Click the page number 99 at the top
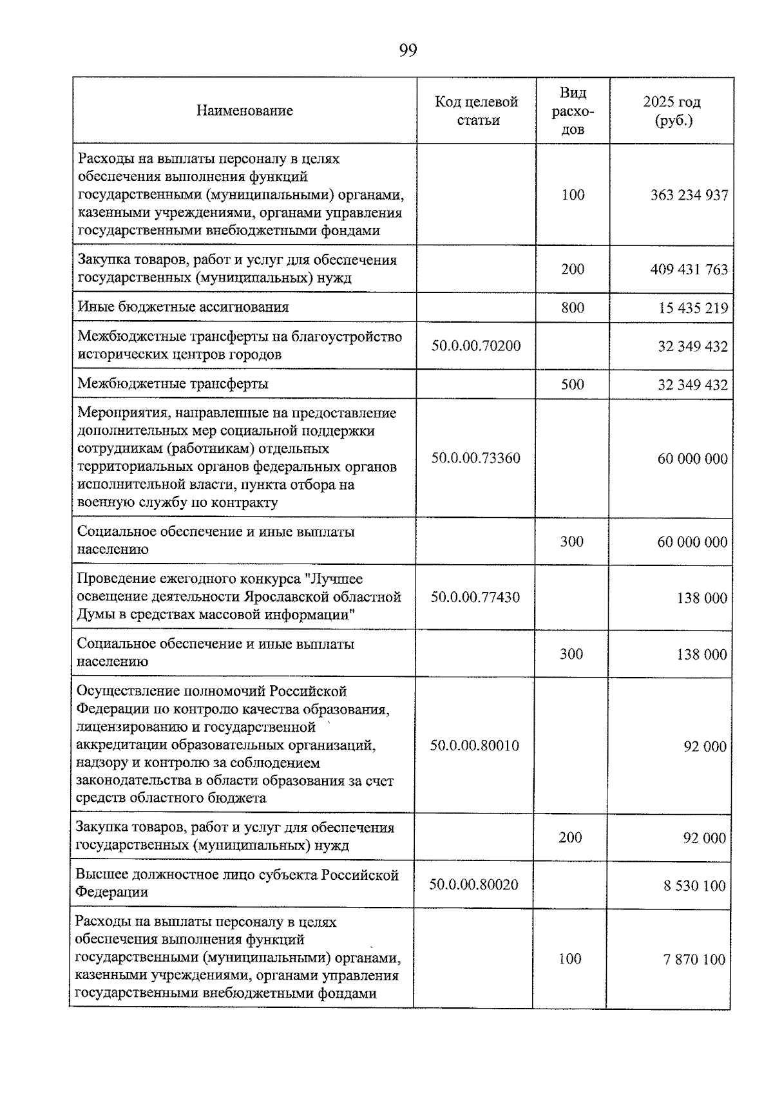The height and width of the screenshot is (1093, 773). (408, 50)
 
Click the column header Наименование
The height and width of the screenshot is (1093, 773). (245, 111)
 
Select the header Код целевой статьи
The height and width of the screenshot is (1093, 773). (477, 111)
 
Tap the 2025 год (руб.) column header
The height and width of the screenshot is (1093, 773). (672, 111)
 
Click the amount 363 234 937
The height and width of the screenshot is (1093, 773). (689, 195)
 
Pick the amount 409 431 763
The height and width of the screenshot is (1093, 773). (689, 269)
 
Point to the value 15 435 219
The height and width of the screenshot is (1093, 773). (692, 309)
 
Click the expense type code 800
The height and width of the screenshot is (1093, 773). (573, 308)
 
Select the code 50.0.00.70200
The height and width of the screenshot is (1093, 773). (476, 346)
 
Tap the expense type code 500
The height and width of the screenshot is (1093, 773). (572, 385)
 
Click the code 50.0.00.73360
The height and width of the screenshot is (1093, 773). (476, 459)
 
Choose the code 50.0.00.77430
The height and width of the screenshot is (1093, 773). (475, 598)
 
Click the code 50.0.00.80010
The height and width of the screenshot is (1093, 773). (475, 746)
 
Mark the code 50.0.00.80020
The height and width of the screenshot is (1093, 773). (474, 885)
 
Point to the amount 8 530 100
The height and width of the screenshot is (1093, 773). (694, 886)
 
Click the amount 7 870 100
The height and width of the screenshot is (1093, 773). (694, 960)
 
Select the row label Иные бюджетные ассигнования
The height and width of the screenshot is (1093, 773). (184, 307)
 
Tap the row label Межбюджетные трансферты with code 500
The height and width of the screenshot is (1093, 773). (173, 384)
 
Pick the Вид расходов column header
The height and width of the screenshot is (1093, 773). (573, 111)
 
